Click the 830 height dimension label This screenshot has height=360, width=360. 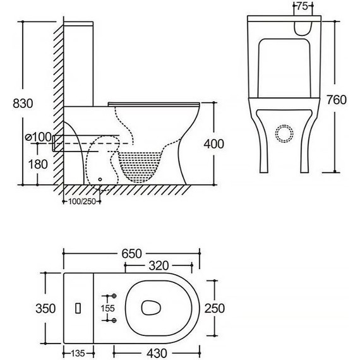[x=23, y=104]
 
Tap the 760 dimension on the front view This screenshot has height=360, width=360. [x=337, y=100]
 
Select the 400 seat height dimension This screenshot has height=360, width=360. [x=213, y=144]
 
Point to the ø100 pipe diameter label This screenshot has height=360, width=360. [x=39, y=137]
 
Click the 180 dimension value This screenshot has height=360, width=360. [x=38, y=164]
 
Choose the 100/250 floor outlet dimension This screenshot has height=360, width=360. [x=82, y=201]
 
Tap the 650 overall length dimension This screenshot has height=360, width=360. [x=131, y=254]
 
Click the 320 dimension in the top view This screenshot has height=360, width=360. [x=159, y=266]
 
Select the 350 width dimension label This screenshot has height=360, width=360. [x=45, y=308]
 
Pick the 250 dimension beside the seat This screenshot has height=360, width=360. [x=215, y=308]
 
